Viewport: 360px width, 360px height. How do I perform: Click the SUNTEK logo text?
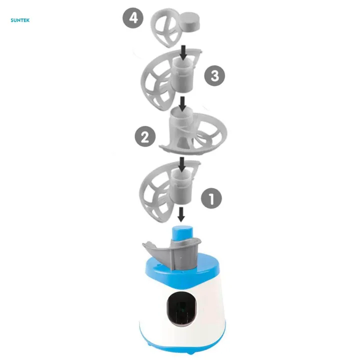pos(20,20)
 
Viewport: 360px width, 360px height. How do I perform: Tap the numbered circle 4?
pos(133,18)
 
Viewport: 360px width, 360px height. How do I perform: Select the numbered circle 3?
pos(214,76)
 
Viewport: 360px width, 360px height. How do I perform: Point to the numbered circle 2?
pos(145,136)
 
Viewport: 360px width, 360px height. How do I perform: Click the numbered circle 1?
pos(211,198)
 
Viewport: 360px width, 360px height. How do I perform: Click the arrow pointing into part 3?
pos(183,52)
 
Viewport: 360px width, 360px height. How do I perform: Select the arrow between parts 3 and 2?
pos(182,103)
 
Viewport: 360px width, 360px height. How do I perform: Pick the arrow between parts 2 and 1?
pos(182,164)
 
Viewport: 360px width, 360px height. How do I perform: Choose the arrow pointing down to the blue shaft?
pos(181,214)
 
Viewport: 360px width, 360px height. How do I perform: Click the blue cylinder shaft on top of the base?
pos(182,233)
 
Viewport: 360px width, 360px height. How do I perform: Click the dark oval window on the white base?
pos(181,309)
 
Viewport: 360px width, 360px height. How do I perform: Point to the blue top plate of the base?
pos(182,271)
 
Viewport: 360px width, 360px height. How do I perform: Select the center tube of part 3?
pos(182,74)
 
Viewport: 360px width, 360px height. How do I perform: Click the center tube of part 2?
pos(181,127)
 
